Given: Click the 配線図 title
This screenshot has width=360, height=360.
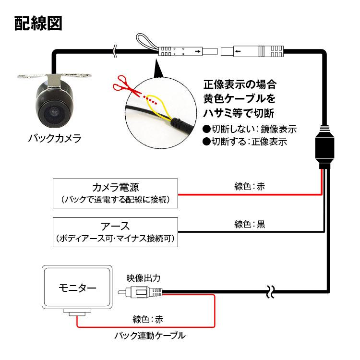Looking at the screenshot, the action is (38, 23).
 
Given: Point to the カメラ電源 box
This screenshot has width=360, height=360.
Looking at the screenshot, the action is (115, 193).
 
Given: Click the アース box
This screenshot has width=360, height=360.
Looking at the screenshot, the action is (115, 232).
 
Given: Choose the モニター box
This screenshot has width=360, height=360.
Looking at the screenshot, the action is (77, 288).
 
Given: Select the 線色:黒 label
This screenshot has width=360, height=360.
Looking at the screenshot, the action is (250, 224).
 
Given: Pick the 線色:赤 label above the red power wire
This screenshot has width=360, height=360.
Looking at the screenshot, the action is (250, 186).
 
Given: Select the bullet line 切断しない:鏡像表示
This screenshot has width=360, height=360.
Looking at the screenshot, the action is (249, 129).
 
